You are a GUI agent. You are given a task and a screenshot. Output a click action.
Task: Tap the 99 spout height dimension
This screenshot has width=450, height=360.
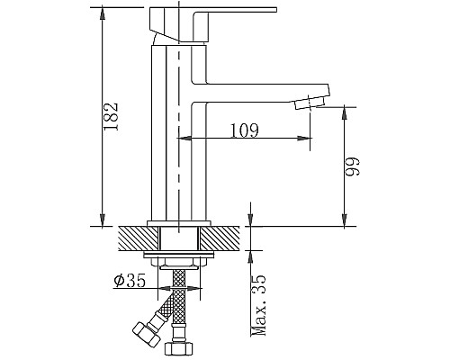click(355, 166)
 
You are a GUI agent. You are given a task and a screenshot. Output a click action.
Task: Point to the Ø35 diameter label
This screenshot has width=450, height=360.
click(130, 281)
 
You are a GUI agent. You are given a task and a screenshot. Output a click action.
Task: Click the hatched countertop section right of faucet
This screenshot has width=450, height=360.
click(220, 238)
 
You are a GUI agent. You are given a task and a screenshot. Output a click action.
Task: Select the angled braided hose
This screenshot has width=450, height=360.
click(162, 310)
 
